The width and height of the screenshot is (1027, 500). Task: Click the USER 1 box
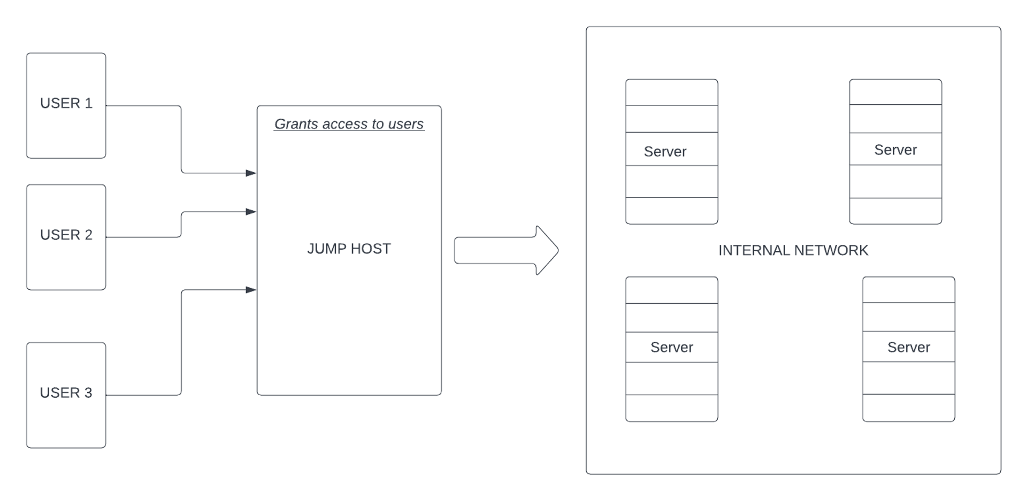click(x=66, y=105)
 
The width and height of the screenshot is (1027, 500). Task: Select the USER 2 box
click(x=66, y=237)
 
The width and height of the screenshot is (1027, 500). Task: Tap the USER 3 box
click(x=66, y=395)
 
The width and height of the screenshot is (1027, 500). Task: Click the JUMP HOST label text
click(x=349, y=249)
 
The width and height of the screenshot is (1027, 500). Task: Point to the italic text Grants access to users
click(x=349, y=124)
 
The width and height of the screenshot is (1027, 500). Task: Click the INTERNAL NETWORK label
click(x=793, y=250)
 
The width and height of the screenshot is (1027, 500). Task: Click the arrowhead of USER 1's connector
click(x=251, y=173)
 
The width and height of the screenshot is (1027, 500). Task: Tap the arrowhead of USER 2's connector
click(x=251, y=212)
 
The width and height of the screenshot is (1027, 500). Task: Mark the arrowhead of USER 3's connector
click(x=251, y=290)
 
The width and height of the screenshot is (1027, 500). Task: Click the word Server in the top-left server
click(x=665, y=151)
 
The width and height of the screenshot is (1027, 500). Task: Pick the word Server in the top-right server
click(x=895, y=150)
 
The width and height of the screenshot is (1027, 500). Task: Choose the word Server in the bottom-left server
click(x=671, y=347)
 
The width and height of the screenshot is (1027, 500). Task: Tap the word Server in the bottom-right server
click(x=908, y=347)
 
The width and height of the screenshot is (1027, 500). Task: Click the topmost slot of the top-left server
click(x=671, y=93)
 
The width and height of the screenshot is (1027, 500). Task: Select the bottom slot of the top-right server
click(x=895, y=211)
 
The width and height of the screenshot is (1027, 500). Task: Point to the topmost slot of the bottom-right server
click(x=908, y=290)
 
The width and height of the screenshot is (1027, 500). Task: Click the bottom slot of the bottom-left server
click(x=671, y=408)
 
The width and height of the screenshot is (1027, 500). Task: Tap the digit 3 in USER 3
click(x=88, y=393)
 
